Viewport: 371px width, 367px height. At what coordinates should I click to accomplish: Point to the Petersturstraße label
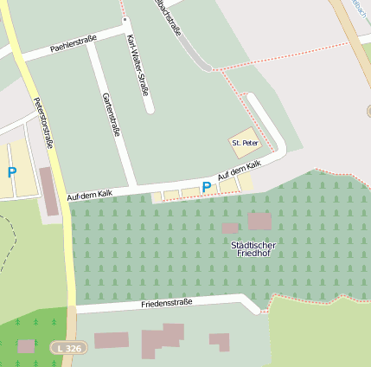(x=43, y=123)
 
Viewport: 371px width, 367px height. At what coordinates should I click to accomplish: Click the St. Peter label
(x=245, y=142)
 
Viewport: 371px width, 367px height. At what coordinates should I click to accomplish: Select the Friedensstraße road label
(x=166, y=305)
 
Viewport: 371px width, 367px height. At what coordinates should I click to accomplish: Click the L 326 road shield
(x=70, y=348)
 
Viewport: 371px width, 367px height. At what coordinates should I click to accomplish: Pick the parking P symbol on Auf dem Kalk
(x=206, y=187)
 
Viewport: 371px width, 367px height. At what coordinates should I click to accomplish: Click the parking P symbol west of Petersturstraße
(x=12, y=173)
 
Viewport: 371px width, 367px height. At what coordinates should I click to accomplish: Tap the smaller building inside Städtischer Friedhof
(x=230, y=228)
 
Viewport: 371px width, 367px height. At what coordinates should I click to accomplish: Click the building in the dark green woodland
(x=26, y=346)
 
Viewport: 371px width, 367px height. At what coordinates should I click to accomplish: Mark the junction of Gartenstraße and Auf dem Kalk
(x=131, y=188)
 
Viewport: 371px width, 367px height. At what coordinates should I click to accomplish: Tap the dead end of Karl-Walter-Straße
(x=150, y=111)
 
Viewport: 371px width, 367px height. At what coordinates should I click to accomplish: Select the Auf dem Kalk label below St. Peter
(x=240, y=170)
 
